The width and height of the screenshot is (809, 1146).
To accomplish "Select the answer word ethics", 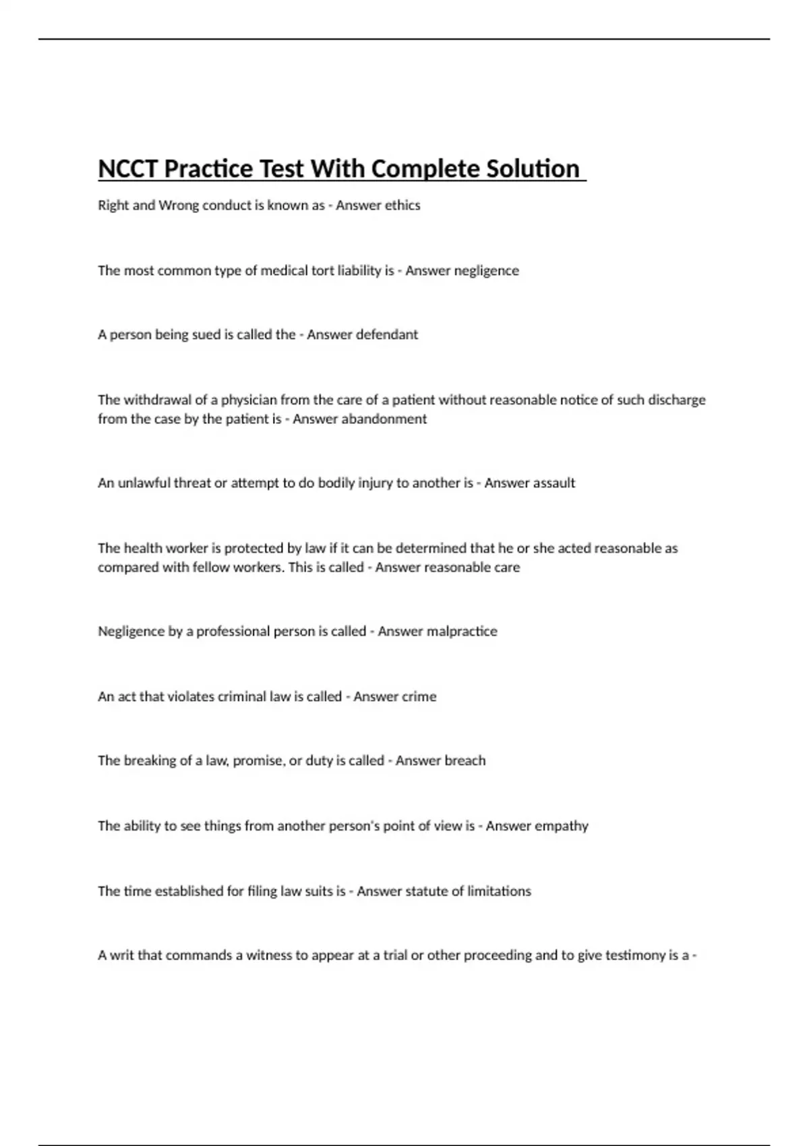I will pyautogui.click(x=402, y=206).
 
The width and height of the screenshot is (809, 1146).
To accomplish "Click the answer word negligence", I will pyautogui.click(x=486, y=271).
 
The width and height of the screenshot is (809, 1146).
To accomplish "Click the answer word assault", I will pyautogui.click(x=552, y=483).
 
